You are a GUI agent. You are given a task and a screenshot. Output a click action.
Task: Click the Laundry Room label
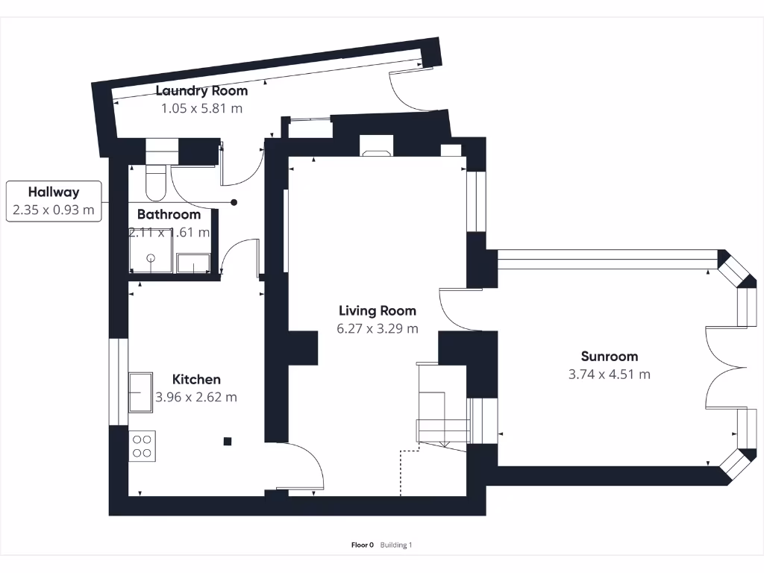click(201, 91)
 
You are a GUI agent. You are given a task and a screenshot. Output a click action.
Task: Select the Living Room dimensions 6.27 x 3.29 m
click(378, 328)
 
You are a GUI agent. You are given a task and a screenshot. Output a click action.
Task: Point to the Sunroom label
click(609, 357)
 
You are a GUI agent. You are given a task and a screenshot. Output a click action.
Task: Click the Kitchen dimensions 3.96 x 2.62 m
click(196, 397)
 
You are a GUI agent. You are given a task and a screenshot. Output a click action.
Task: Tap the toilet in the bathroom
click(156, 183)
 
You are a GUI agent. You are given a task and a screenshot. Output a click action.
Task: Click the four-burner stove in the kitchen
click(142, 445)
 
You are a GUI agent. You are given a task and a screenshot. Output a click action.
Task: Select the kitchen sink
click(140, 392)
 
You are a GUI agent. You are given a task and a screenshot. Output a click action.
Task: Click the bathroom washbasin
click(193, 263)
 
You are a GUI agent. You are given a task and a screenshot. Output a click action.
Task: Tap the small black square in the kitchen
click(228, 442)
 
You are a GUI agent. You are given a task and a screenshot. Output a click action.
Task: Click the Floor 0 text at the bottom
click(363, 545)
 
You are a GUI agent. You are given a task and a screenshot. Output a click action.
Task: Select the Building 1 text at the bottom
click(395, 545)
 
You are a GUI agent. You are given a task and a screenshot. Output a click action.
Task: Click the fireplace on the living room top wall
click(375, 147)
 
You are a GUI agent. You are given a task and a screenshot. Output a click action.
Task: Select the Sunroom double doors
click(724, 366)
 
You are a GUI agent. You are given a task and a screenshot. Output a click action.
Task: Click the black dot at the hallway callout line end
click(234, 202)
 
